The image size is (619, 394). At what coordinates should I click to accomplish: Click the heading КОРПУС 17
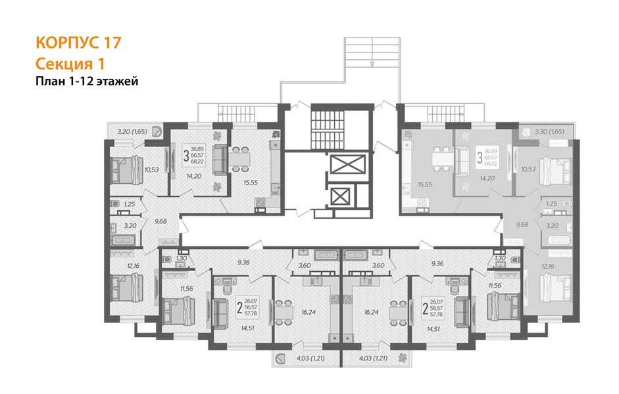(78, 43)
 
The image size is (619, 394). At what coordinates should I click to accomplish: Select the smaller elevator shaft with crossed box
(341, 196)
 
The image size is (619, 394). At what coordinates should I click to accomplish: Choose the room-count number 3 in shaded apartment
(478, 158)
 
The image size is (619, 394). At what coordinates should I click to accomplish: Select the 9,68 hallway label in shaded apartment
(522, 224)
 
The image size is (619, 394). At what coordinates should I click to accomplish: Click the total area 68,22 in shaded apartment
(491, 164)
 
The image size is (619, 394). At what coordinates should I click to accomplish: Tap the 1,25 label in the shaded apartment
(551, 204)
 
